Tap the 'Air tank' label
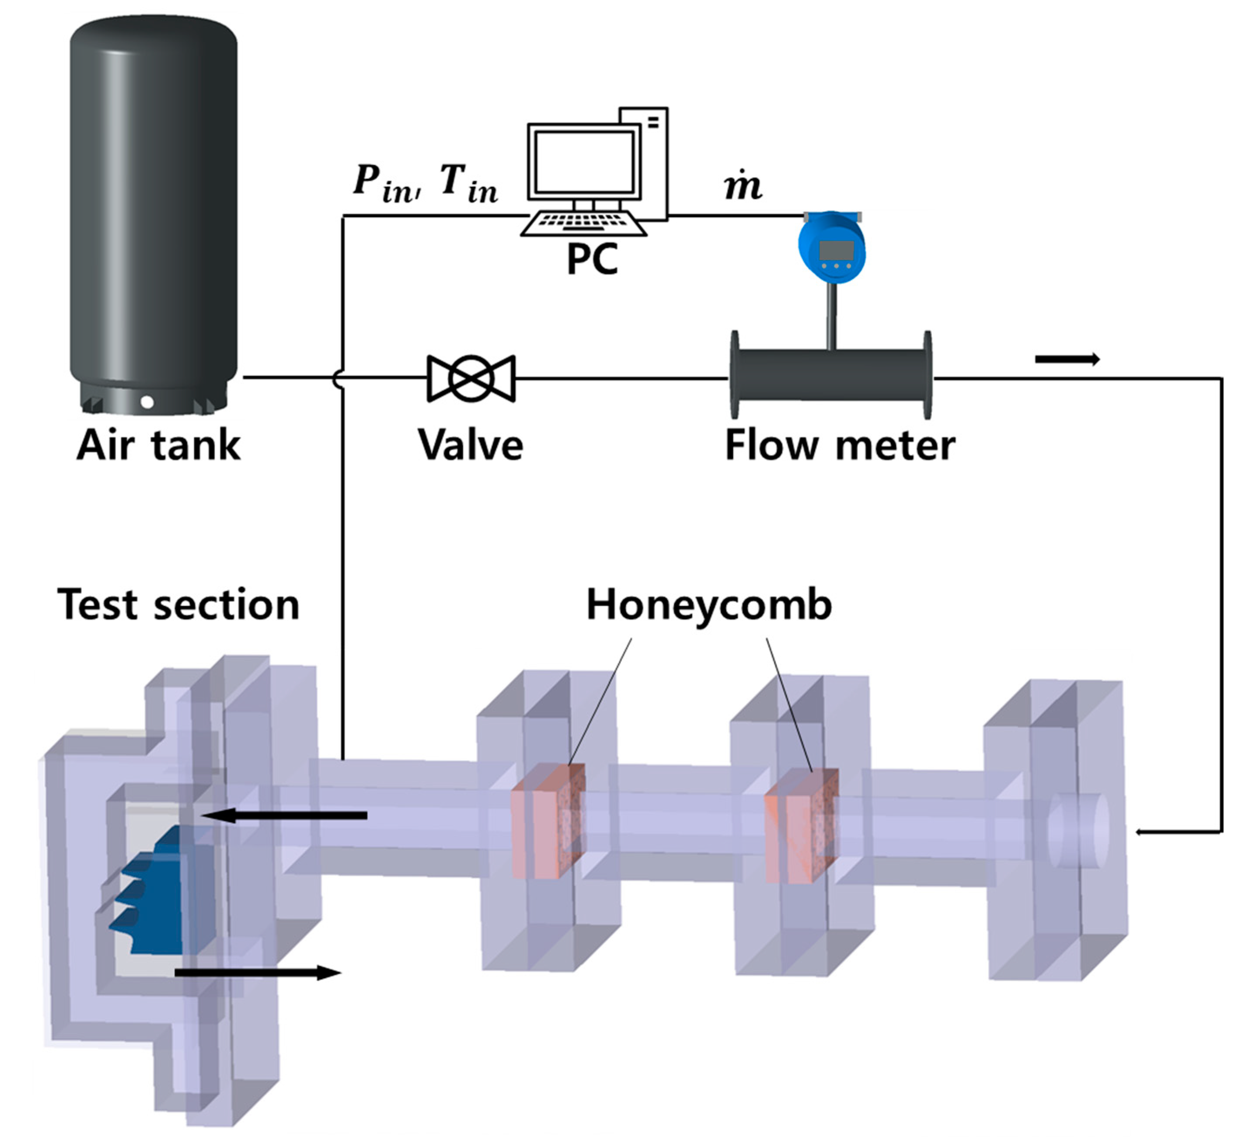pos(159,445)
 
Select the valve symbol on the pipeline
pos(471,378)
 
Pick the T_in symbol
pos(469,183)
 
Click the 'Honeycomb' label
pos(709,605)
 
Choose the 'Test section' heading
pos(179,605)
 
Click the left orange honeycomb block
pos(548,820)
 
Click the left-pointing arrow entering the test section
pos(284,815)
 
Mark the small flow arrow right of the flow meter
pos(1067,359)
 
